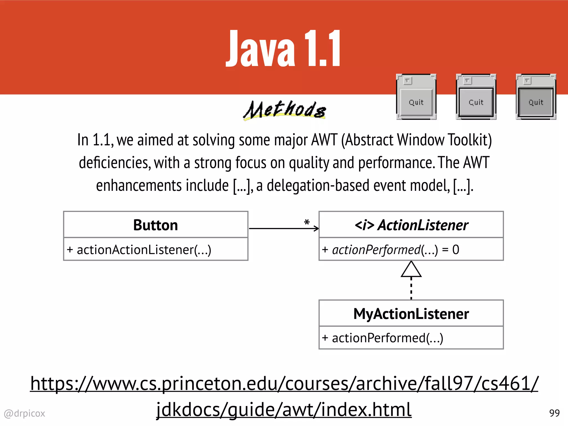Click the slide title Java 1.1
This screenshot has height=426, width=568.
pyautogui.click(x=283, y=49)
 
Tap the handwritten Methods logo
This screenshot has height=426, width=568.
pyautogui.click(x=285, y=110)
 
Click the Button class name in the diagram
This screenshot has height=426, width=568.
pyautogui.click(x=156, y=225)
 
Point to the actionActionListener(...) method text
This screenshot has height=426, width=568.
pyautogui.click(x=139, y=250)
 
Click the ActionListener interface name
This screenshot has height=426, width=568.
pyautogui.click(x=411, y=225)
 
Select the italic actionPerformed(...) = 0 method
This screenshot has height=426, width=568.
pyautogui.click(x=390, y=250)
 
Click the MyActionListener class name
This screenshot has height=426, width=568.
pyautogui.click(x=411, y=314)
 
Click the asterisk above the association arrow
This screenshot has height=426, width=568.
pyautogui.click(x=307, y=222)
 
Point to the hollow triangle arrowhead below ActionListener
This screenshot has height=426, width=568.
pyautogui.click(x=411, y=270)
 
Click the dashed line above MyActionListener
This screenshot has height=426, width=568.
pyautogui.click(x=411, y=288)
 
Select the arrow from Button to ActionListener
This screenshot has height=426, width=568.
pyautogui.click(x=283, y=229)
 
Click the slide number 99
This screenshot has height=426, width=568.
pyautogui.click(x=554, y=413)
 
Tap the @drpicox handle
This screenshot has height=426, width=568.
pyautogui.click(x=24, y=414)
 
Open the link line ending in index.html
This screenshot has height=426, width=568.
pyautogui.click(x=284, y=410)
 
